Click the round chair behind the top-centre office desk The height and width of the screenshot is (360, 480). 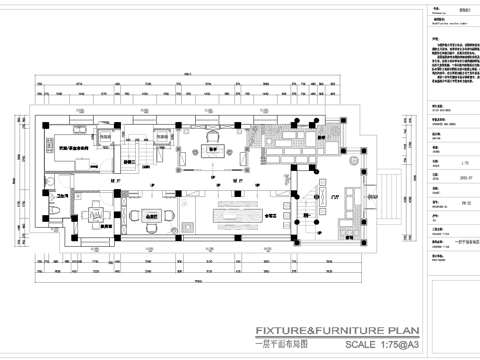pos(213,137)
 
